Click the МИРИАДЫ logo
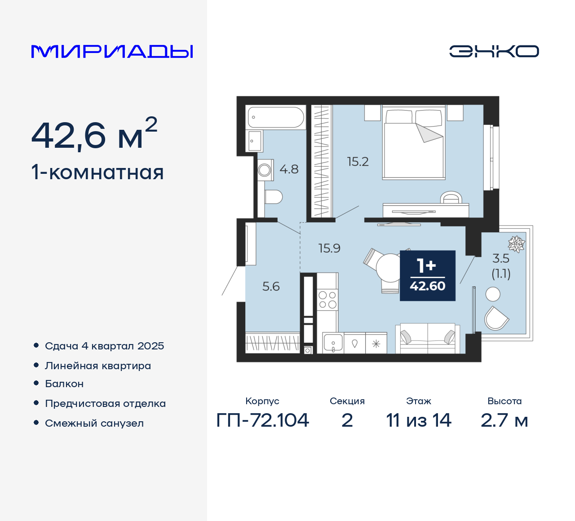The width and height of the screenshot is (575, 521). tap(112, 51)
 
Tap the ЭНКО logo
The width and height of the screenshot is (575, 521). tap(494, 51)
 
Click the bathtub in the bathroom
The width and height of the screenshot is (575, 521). tap(276, 117)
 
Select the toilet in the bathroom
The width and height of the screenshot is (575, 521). tap(273, 197)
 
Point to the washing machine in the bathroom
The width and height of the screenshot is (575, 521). tap(265, 170)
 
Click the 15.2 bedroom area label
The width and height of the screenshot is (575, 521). tap(358, 162)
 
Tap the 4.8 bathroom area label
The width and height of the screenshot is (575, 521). tap(289, 169)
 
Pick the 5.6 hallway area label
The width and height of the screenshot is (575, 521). tap(271, 287)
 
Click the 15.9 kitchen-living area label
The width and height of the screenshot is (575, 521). tap(329, 248)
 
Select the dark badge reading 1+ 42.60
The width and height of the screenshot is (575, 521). tap(427, 275)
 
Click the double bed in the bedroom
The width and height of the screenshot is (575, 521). tap(414, 144)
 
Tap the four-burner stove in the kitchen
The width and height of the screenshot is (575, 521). tap(327, 300)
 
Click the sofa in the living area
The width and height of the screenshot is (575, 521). tap(427, 338)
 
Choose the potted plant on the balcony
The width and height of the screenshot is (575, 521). tap(517, 244)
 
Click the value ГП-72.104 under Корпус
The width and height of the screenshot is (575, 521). tap(263, 420)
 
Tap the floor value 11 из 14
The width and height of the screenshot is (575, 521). tap(419, 420)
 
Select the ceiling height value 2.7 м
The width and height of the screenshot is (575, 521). tap(504, 420)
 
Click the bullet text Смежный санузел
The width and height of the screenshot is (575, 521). tap(94, 423)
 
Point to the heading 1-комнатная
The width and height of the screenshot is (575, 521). tap(97, 172)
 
